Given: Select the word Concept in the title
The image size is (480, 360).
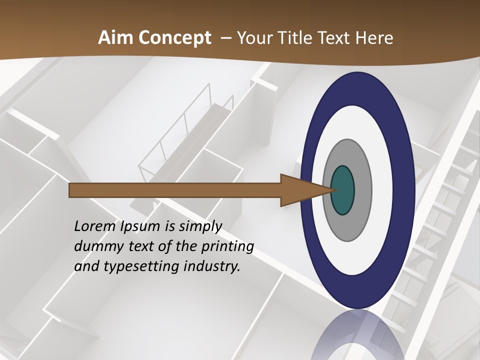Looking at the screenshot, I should [x=174, y=38].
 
